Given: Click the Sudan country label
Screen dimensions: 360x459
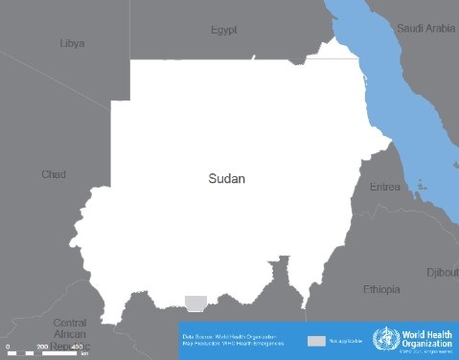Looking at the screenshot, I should (x=227, y=178).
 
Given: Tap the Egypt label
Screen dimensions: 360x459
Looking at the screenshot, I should (x=223, y=31).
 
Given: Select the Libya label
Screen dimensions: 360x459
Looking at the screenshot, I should (x=72, y=43).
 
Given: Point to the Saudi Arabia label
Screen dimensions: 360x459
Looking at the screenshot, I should (x=426, y=28).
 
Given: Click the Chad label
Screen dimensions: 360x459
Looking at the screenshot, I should (x=53, y=174).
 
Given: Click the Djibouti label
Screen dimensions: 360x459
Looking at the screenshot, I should (x=443, y=272).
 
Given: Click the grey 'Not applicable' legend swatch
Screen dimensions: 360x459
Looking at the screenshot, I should (x=316, y=341).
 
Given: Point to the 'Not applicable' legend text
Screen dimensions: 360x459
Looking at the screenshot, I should (x=345, y=341).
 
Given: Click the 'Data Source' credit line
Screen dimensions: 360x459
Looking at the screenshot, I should (x=229, y=336).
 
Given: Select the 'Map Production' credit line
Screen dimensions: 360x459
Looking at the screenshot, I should (x=229, y=344).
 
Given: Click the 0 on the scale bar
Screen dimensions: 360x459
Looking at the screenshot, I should (x=8, y=346).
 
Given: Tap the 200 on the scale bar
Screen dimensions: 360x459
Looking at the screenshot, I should (x=42, y=346).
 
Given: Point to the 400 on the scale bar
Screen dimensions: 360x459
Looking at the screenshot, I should (x=77, y=346).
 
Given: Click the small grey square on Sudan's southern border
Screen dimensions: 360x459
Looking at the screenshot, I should (x=195, y=303).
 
